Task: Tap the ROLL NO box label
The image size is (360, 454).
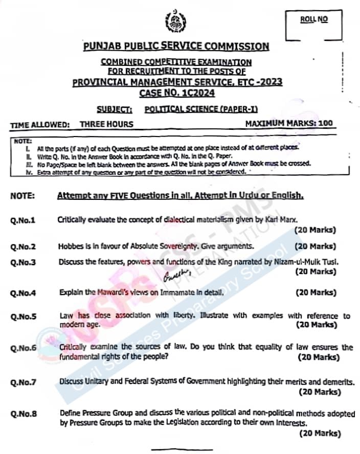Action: (x=314, y=19)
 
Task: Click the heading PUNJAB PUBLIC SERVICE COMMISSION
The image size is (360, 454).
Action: (x=176, y=46)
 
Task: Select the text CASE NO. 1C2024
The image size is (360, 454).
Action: (x=177, y=93)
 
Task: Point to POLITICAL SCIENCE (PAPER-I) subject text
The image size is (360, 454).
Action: (x=194, y=109)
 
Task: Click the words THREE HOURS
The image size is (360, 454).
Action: (x=106, y=124)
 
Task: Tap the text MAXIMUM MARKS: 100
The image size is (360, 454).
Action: (x=289, y=124)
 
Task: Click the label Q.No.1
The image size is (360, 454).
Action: (x=23, y=220)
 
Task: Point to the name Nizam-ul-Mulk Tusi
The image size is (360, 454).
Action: (x=303, y=262)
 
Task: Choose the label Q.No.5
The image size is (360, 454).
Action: (x=23, y=316)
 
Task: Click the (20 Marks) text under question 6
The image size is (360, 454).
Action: (x=319, y=357)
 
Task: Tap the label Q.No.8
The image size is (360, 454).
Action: (x=23, y=414)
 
